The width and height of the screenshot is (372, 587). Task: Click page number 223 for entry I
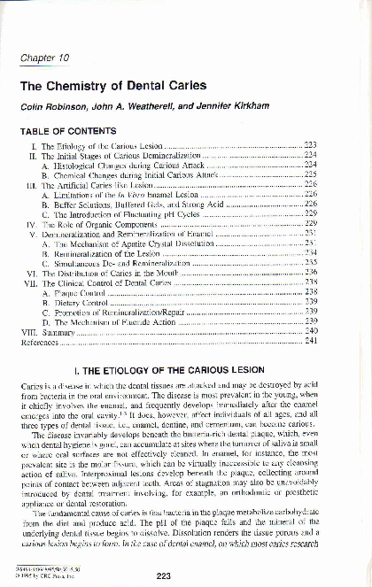tap(310, 144)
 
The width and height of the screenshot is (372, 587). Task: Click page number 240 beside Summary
tap(310, 330)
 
